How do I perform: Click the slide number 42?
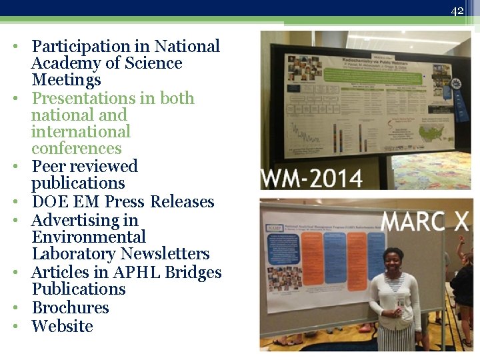457,11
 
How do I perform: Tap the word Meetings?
66,80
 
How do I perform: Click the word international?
81,132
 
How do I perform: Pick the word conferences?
76,149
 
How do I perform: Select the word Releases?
182,202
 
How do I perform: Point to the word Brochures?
70,308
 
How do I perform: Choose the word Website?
62,327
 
